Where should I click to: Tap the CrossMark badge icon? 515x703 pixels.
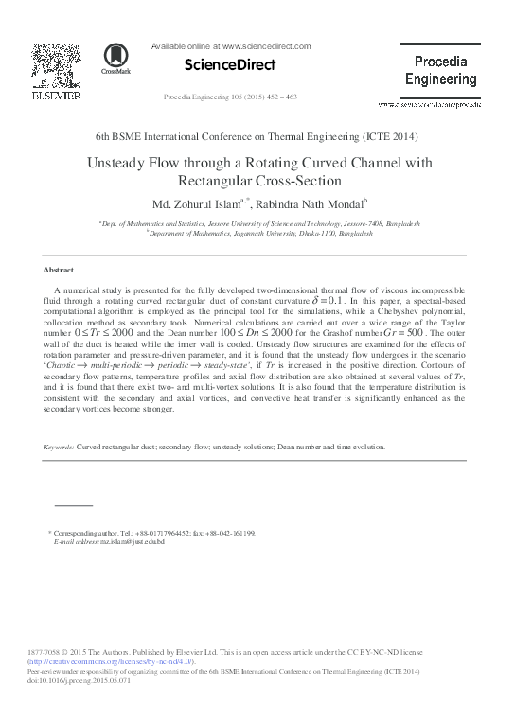coord(116,60)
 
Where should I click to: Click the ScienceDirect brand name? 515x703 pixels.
coord(228,65)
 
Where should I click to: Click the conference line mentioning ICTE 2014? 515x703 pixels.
coord(257,137)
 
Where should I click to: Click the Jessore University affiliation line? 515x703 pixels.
coord(258,223)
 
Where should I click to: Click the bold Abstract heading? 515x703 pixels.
coord(59,270)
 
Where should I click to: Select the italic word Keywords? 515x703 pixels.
coord(58,446)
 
